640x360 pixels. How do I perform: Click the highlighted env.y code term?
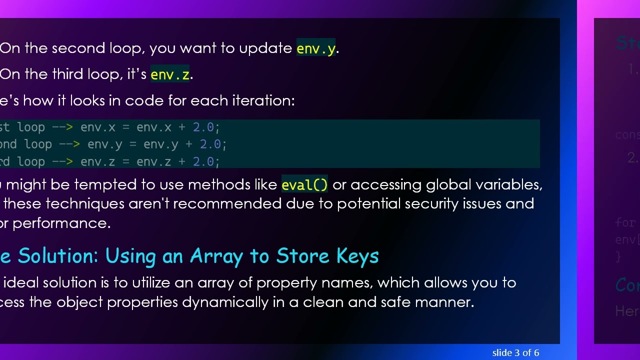coord(315,48)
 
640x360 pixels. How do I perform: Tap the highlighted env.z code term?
coord(170,74)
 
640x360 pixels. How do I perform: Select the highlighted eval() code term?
coord(304,185)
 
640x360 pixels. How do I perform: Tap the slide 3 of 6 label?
coord(515,353)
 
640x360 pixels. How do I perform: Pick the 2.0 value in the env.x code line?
coord(203,127)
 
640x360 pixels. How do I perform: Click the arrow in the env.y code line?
coord(69,144)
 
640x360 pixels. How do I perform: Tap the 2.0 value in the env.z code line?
coord(203,162)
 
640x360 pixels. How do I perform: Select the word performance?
coord(61,223)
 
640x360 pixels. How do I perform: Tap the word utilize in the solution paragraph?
coord(150,283)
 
